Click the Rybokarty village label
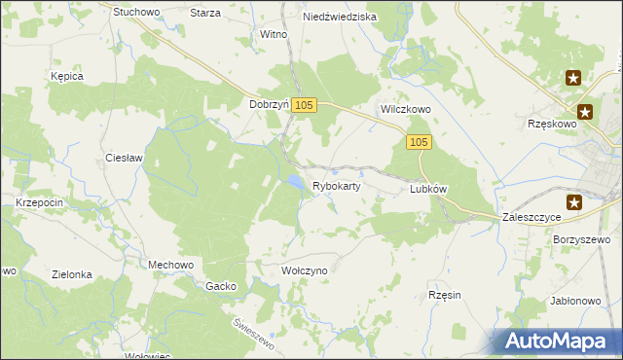(x=337, y=186)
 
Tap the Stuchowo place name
(x=136, y=13)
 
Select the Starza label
(x=205, y=13)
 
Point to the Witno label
(x=273, y=34)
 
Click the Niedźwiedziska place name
(x=340, y=17)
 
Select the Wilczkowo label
(x=405, y=110)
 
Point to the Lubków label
(x=428, y=190)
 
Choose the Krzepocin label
(x=40, y=201)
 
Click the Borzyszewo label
(x=581, y=239)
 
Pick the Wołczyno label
(x=304, y=270)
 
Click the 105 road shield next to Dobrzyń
(x=304, y=105)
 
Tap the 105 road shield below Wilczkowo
(x=419, y=143)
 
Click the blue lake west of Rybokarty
(x=292, y=181)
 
